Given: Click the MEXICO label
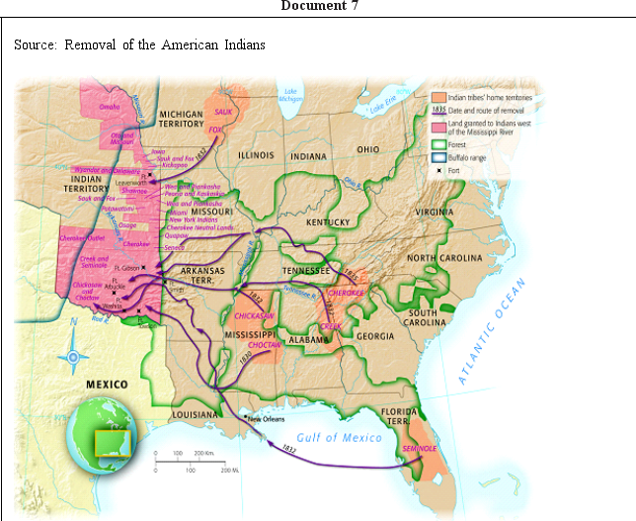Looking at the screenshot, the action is coord(106,384).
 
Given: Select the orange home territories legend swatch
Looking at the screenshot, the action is coord(438,98).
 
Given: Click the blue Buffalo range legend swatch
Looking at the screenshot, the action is coord(438,157).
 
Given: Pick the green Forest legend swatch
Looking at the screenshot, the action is coord(438,144).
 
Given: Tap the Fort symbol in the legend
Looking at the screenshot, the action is coord(438,170).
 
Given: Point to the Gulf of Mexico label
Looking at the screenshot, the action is coord(339,437).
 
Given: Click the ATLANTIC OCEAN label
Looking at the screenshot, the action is coord(491,331).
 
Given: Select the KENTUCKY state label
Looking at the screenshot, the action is coord(328,222).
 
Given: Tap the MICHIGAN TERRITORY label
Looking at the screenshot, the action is coord(182,120).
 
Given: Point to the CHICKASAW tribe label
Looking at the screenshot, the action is coord(254,315).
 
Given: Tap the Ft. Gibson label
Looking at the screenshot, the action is coord(126,267).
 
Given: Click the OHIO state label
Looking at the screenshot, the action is coord(368,149).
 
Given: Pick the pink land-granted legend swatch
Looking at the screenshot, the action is coord(438,128).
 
